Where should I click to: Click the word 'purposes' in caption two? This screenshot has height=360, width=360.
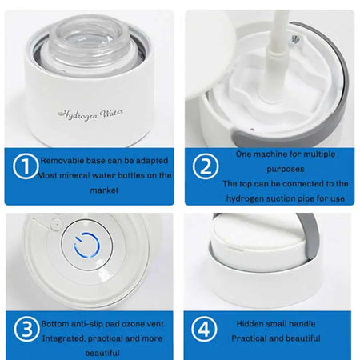[x=274, y=168]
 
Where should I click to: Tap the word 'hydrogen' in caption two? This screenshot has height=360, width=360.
[x=248, y=198]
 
